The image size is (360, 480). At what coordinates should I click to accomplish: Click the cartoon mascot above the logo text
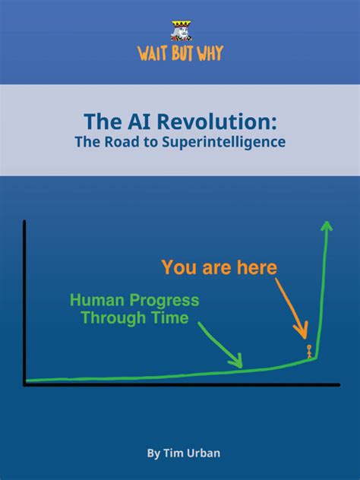(x=180, y=30)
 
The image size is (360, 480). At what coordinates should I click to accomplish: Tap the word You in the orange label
(x=180, y=267)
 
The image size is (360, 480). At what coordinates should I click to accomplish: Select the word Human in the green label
(x=95, y=301)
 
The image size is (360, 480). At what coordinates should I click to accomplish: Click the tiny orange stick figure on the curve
(x=309, y=351)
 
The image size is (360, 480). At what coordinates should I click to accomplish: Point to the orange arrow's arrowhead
(x=305, y=334)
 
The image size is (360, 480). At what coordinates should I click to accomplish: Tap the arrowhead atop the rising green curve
(x=327, y=225)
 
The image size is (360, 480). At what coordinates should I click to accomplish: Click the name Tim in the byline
(x=175, y=453)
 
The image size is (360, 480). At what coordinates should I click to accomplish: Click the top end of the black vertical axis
(x=25, y=222)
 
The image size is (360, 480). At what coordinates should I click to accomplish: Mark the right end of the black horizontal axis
(x=339, y=385)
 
